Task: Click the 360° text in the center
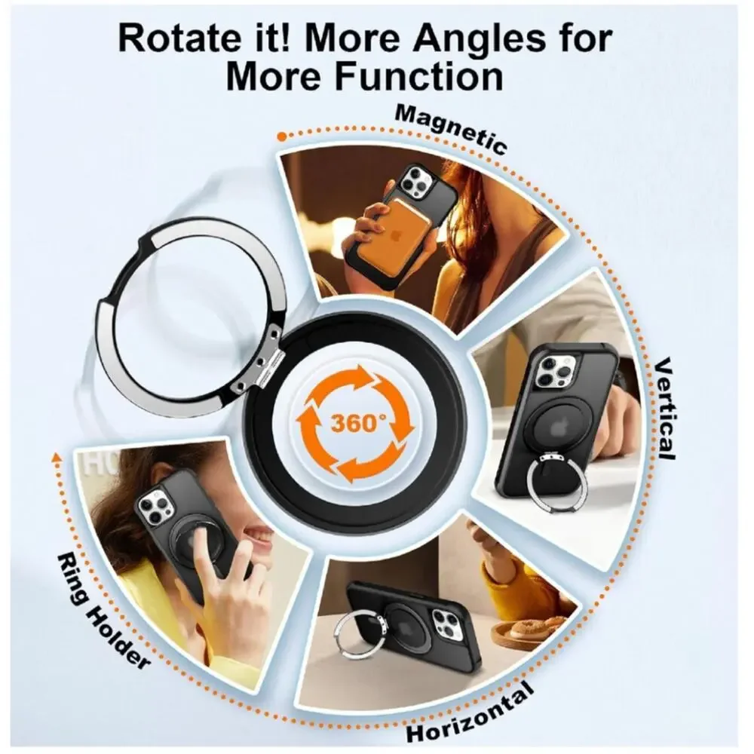coord(359,423)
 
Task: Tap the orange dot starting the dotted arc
coord(283,136)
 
